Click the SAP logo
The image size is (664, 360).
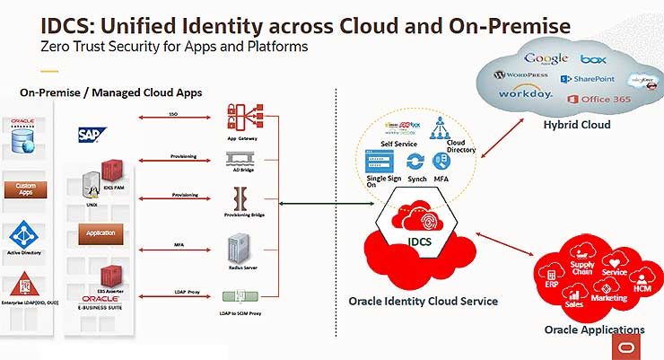tap(92, 135)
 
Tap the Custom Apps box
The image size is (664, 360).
tap(25, 190)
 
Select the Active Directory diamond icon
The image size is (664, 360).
tap(25, 236)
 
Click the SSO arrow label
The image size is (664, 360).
tap(173, 115)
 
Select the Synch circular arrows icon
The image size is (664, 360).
tap(415, 162)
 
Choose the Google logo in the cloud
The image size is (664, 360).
tap(546, 59)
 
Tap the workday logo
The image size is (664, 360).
tap(525, 92)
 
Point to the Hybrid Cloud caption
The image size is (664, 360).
tap(577, 125)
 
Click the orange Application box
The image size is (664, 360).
tap(100, 233)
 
